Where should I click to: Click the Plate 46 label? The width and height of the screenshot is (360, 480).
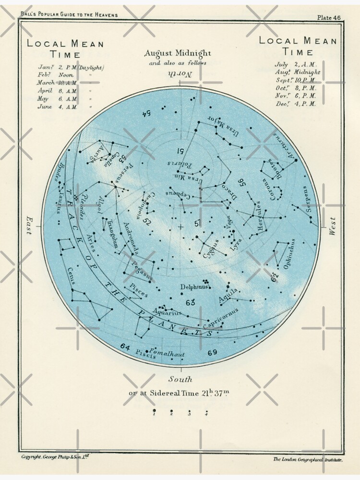(x=329, y=18)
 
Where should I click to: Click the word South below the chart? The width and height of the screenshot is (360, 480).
(x=180, y=379)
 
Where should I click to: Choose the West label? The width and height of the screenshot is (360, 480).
(x=333, y=226)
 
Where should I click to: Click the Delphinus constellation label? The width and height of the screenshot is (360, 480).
(x=194, y=287)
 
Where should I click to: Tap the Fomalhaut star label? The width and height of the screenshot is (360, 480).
(x=167, y=353)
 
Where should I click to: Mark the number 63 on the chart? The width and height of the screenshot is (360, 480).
(x=190, y=302)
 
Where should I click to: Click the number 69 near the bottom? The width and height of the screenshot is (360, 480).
(x=213, y=353)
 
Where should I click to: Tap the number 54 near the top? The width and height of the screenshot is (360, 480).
(x=146, y=113)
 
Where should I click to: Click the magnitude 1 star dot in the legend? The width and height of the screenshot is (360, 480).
(x=154, y=411)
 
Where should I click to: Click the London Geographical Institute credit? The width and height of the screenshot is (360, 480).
(x=308, y=459)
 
